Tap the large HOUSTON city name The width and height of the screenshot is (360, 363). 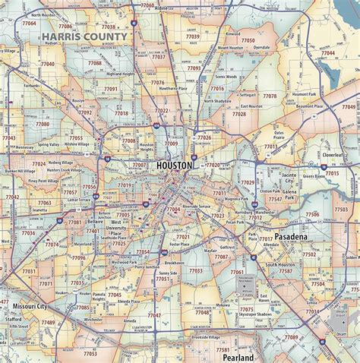[x=175, y=165]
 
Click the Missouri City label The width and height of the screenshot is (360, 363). [x=30, y=307]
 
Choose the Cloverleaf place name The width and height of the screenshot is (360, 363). [x=333, y=154]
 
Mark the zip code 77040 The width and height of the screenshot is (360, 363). [x=47, y=65]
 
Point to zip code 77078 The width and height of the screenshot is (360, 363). [x=270, y=96]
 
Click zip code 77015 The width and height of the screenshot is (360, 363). [x=332, y=174]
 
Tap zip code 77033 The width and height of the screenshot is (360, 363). [x=196, y=270]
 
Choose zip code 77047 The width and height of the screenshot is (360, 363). [x=154, y=314]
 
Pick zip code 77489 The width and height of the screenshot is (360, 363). [x=48, y=322]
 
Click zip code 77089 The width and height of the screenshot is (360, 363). [x=291, y=336]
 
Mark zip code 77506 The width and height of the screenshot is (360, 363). [x=312, y=215]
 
